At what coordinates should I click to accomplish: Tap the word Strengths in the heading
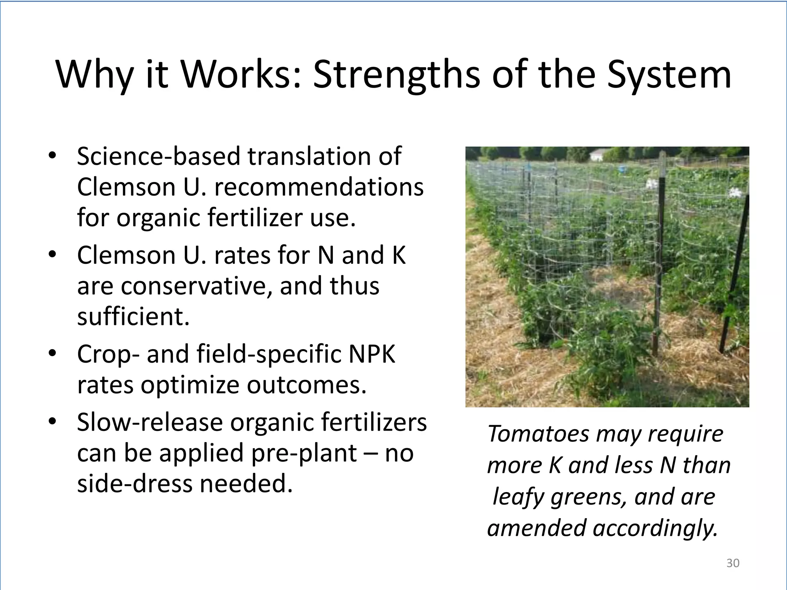pyautogui.click(x=396, y=75)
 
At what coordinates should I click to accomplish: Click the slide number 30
pyautogui.click(x=733, y=563)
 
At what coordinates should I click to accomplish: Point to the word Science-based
pyautogui.click(x=159, y=156)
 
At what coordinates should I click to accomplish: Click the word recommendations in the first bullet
pyautogui.click(x=319, y=187)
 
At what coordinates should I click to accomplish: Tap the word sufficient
pyautogui.click(x=133, y=317)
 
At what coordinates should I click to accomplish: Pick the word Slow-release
pyautogui.click(x=150, y=422)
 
